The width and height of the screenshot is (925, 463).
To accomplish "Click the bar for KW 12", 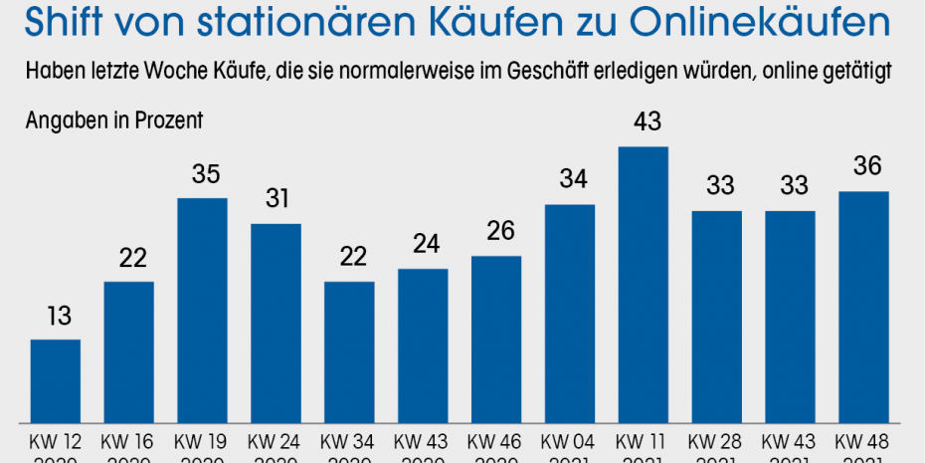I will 56,380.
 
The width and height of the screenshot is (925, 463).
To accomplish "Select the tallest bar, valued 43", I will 644,284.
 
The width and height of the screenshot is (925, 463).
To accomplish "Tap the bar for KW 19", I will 202,310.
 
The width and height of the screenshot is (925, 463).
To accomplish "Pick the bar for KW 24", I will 276,323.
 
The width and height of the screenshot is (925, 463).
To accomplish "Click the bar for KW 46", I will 496,339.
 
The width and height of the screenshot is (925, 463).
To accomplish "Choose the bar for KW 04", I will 570,313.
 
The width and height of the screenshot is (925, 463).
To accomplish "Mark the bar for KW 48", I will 863,307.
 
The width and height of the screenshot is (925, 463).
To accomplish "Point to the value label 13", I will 56,318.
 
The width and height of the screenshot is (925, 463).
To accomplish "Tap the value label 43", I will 644,123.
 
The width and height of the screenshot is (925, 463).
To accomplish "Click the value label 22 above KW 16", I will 129,259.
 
